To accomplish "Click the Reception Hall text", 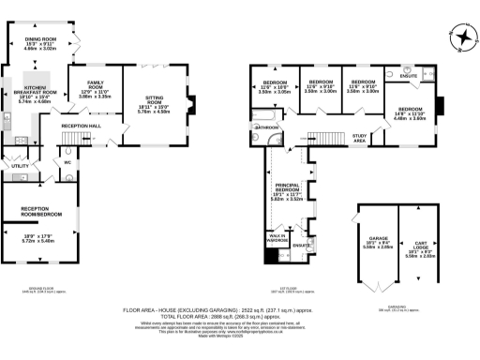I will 81,126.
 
